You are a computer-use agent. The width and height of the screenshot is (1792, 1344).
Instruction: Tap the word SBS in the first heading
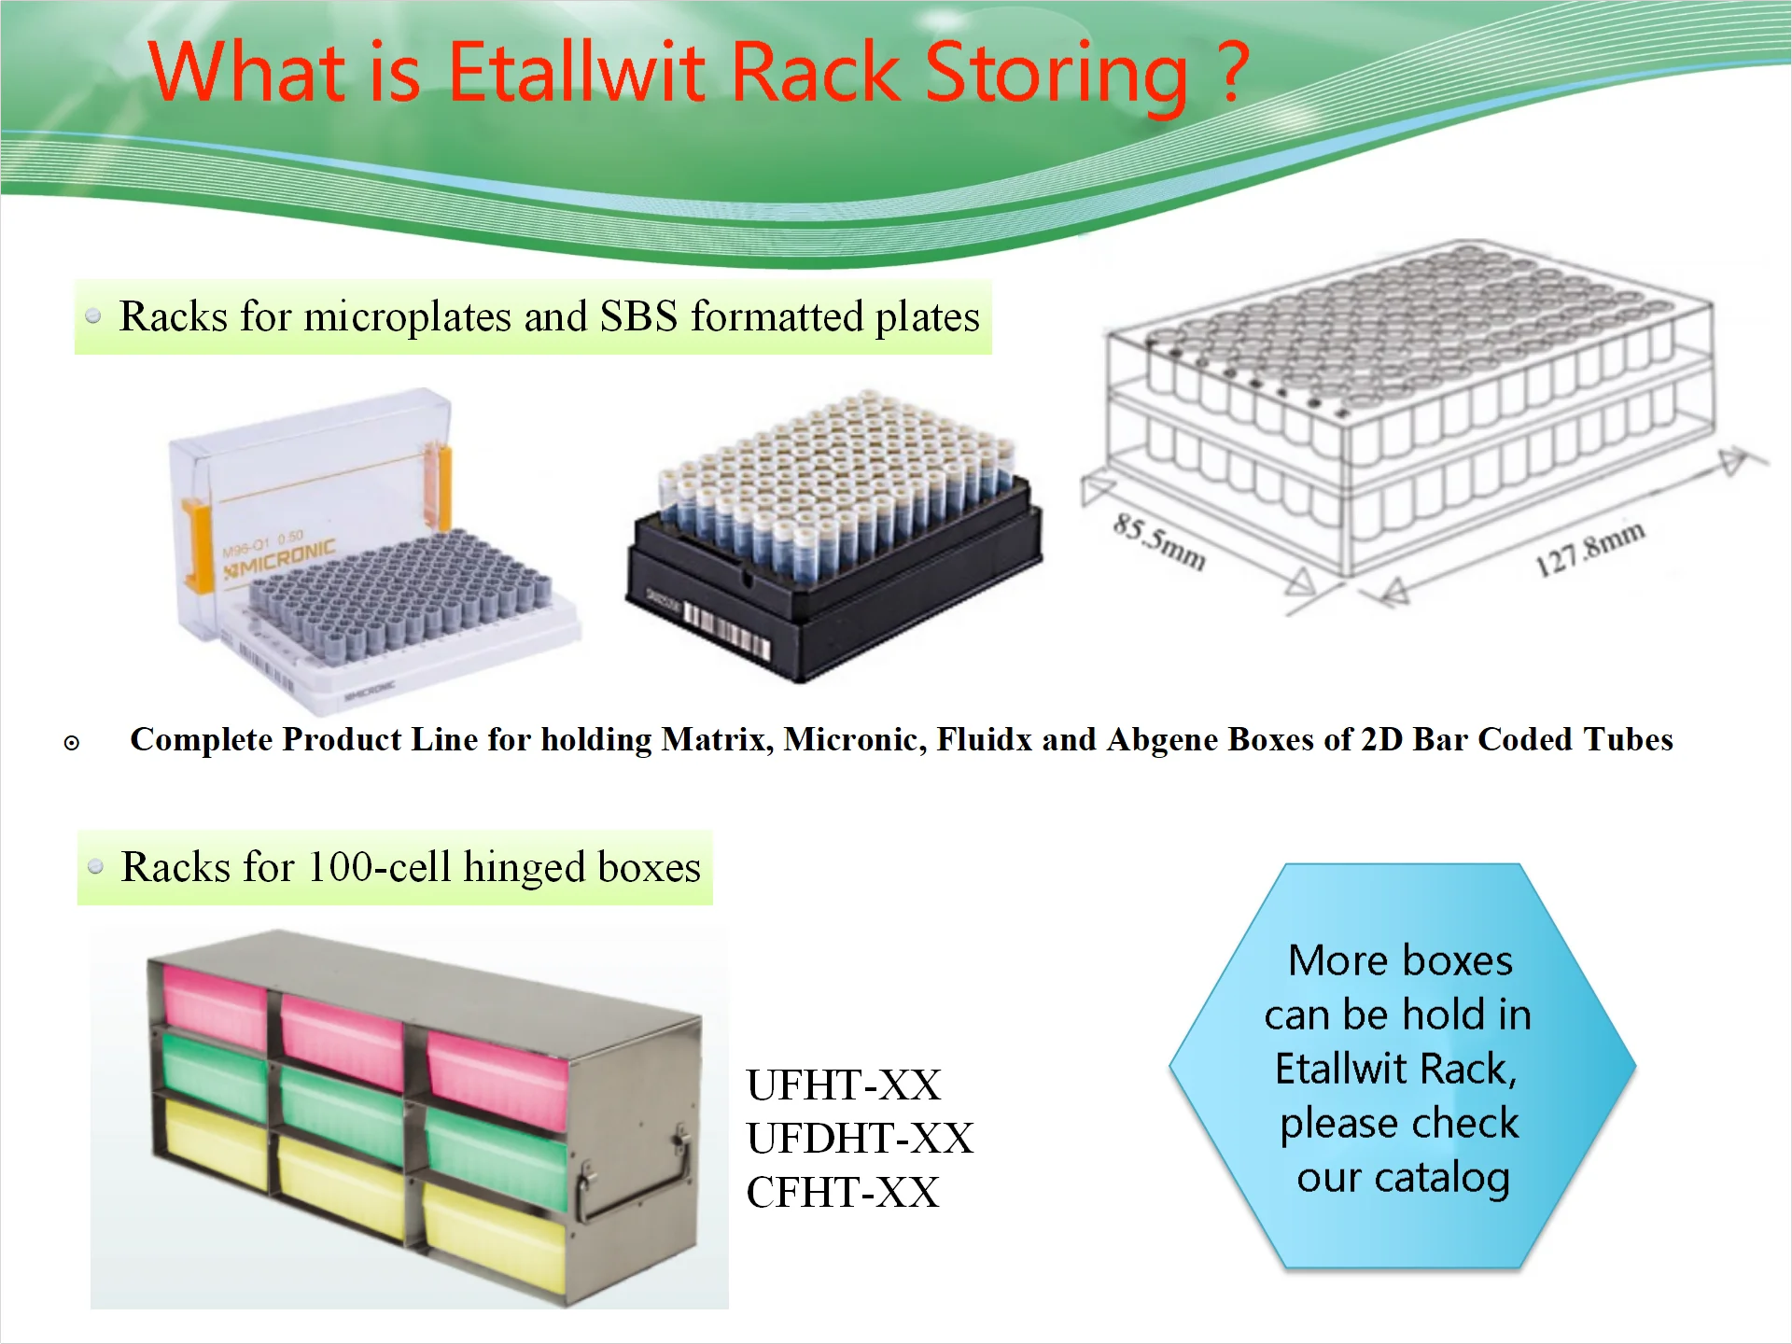[638, 316]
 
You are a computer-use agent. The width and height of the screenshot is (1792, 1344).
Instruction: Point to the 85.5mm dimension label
[1160, 541]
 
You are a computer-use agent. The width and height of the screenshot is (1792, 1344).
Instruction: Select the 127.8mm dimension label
[1590, 549]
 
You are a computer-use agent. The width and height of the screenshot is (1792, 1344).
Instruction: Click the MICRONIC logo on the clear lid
[279, 557]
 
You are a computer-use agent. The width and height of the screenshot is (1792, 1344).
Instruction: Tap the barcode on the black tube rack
[727, 632]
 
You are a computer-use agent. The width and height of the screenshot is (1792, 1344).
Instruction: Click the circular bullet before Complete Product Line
[72, 743]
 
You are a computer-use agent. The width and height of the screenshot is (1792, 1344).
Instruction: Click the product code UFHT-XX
[844, 1085]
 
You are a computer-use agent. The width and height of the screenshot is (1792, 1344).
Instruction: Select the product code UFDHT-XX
[860, 1139]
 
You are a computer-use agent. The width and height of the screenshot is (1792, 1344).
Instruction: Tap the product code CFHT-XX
[842, 1193]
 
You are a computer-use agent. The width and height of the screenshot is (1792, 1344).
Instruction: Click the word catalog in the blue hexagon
[1442, 1178]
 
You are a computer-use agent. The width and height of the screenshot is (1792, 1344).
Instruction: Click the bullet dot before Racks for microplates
[93, 316]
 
